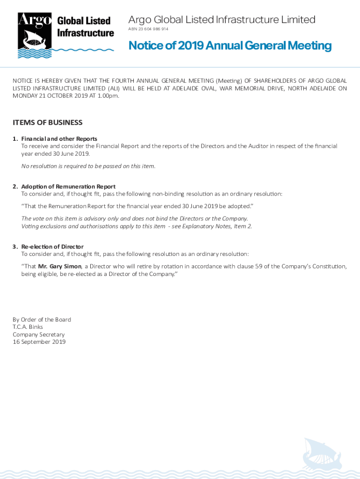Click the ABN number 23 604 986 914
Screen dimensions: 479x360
[148, 29]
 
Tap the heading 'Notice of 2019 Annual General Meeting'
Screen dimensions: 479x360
[230, 45]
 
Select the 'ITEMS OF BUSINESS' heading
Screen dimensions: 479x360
[47, 123]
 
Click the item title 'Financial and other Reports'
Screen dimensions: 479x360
[59, 138]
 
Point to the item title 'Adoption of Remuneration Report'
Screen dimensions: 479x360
[68, 186]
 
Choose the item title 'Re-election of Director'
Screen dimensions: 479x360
[52, 247]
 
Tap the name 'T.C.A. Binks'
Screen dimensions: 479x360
[28, 327]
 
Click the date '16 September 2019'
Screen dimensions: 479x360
[39, 342]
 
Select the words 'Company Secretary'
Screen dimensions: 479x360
[38, 334]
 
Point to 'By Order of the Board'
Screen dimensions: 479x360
[42, 319]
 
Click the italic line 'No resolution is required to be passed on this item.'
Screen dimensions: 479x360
[88, 166]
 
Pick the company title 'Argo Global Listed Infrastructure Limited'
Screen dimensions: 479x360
[222, 20]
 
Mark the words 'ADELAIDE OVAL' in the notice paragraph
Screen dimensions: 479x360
[191, 88]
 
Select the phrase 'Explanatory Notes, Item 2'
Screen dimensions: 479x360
[219, 226]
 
